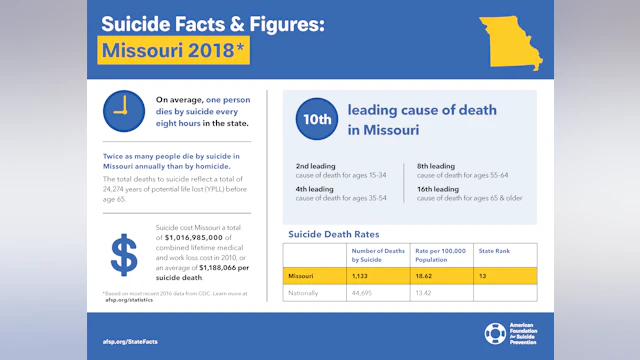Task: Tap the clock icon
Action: pos(123,110)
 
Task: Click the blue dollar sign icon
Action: pos(124,255)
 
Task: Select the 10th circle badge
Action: pos(315,118)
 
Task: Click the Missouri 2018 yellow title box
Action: pos(173,50)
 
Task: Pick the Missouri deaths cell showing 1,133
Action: pos(361,274)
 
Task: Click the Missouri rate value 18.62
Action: pos(426,274)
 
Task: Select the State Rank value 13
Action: pos(483,274)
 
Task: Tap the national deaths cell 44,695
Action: pos(363,293)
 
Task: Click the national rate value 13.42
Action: pos(426,293)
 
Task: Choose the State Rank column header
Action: pos(494,251)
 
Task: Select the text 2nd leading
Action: pos(315,165)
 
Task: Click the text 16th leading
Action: pos(438,188)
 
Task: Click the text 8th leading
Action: pos(436,165)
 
